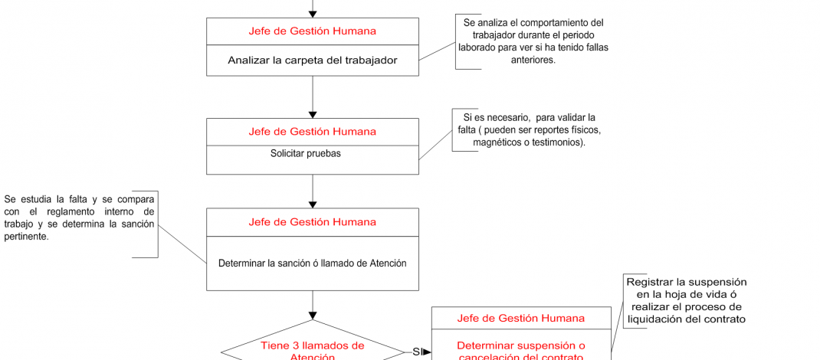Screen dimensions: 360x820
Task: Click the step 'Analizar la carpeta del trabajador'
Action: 313,60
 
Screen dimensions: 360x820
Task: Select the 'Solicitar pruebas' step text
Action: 305,153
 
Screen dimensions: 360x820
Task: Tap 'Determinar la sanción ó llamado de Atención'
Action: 312,263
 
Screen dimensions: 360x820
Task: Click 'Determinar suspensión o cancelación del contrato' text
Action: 521,351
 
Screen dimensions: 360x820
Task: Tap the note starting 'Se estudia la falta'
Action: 79,218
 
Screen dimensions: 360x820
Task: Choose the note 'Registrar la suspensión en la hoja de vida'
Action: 686,300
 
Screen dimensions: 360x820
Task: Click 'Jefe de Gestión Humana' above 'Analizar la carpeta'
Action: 313,31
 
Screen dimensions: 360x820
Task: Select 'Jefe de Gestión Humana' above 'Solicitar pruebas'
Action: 313,131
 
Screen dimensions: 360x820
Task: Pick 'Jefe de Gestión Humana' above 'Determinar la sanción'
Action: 313,221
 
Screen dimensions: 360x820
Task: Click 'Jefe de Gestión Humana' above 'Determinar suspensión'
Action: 521,318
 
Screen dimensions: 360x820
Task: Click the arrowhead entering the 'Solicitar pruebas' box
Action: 313,114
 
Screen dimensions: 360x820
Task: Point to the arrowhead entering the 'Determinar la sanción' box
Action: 313,205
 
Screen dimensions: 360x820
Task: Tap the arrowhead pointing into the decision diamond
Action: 313,315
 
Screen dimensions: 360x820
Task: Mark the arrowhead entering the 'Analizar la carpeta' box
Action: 313,14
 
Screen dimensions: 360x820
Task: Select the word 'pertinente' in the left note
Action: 26,237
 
